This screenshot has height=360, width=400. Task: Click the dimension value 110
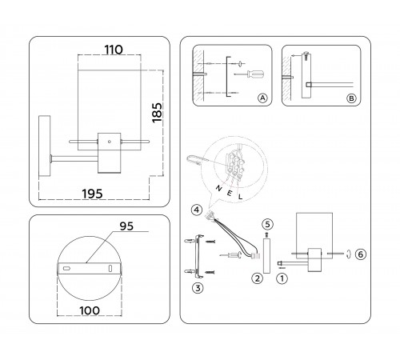coord(114,50)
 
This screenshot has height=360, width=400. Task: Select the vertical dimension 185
coord(157,113)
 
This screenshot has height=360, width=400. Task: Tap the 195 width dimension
coord(92,194)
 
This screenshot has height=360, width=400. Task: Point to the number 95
coord(126,226)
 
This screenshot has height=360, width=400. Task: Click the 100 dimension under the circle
coord(90,310)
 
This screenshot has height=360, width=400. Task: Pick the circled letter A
coord(262,98)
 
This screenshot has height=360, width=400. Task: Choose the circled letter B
coord(351,98)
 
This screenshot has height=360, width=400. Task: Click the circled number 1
coord(282,279)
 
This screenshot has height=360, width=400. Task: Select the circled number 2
coord(258,278)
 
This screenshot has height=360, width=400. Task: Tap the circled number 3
coord(198,288)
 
